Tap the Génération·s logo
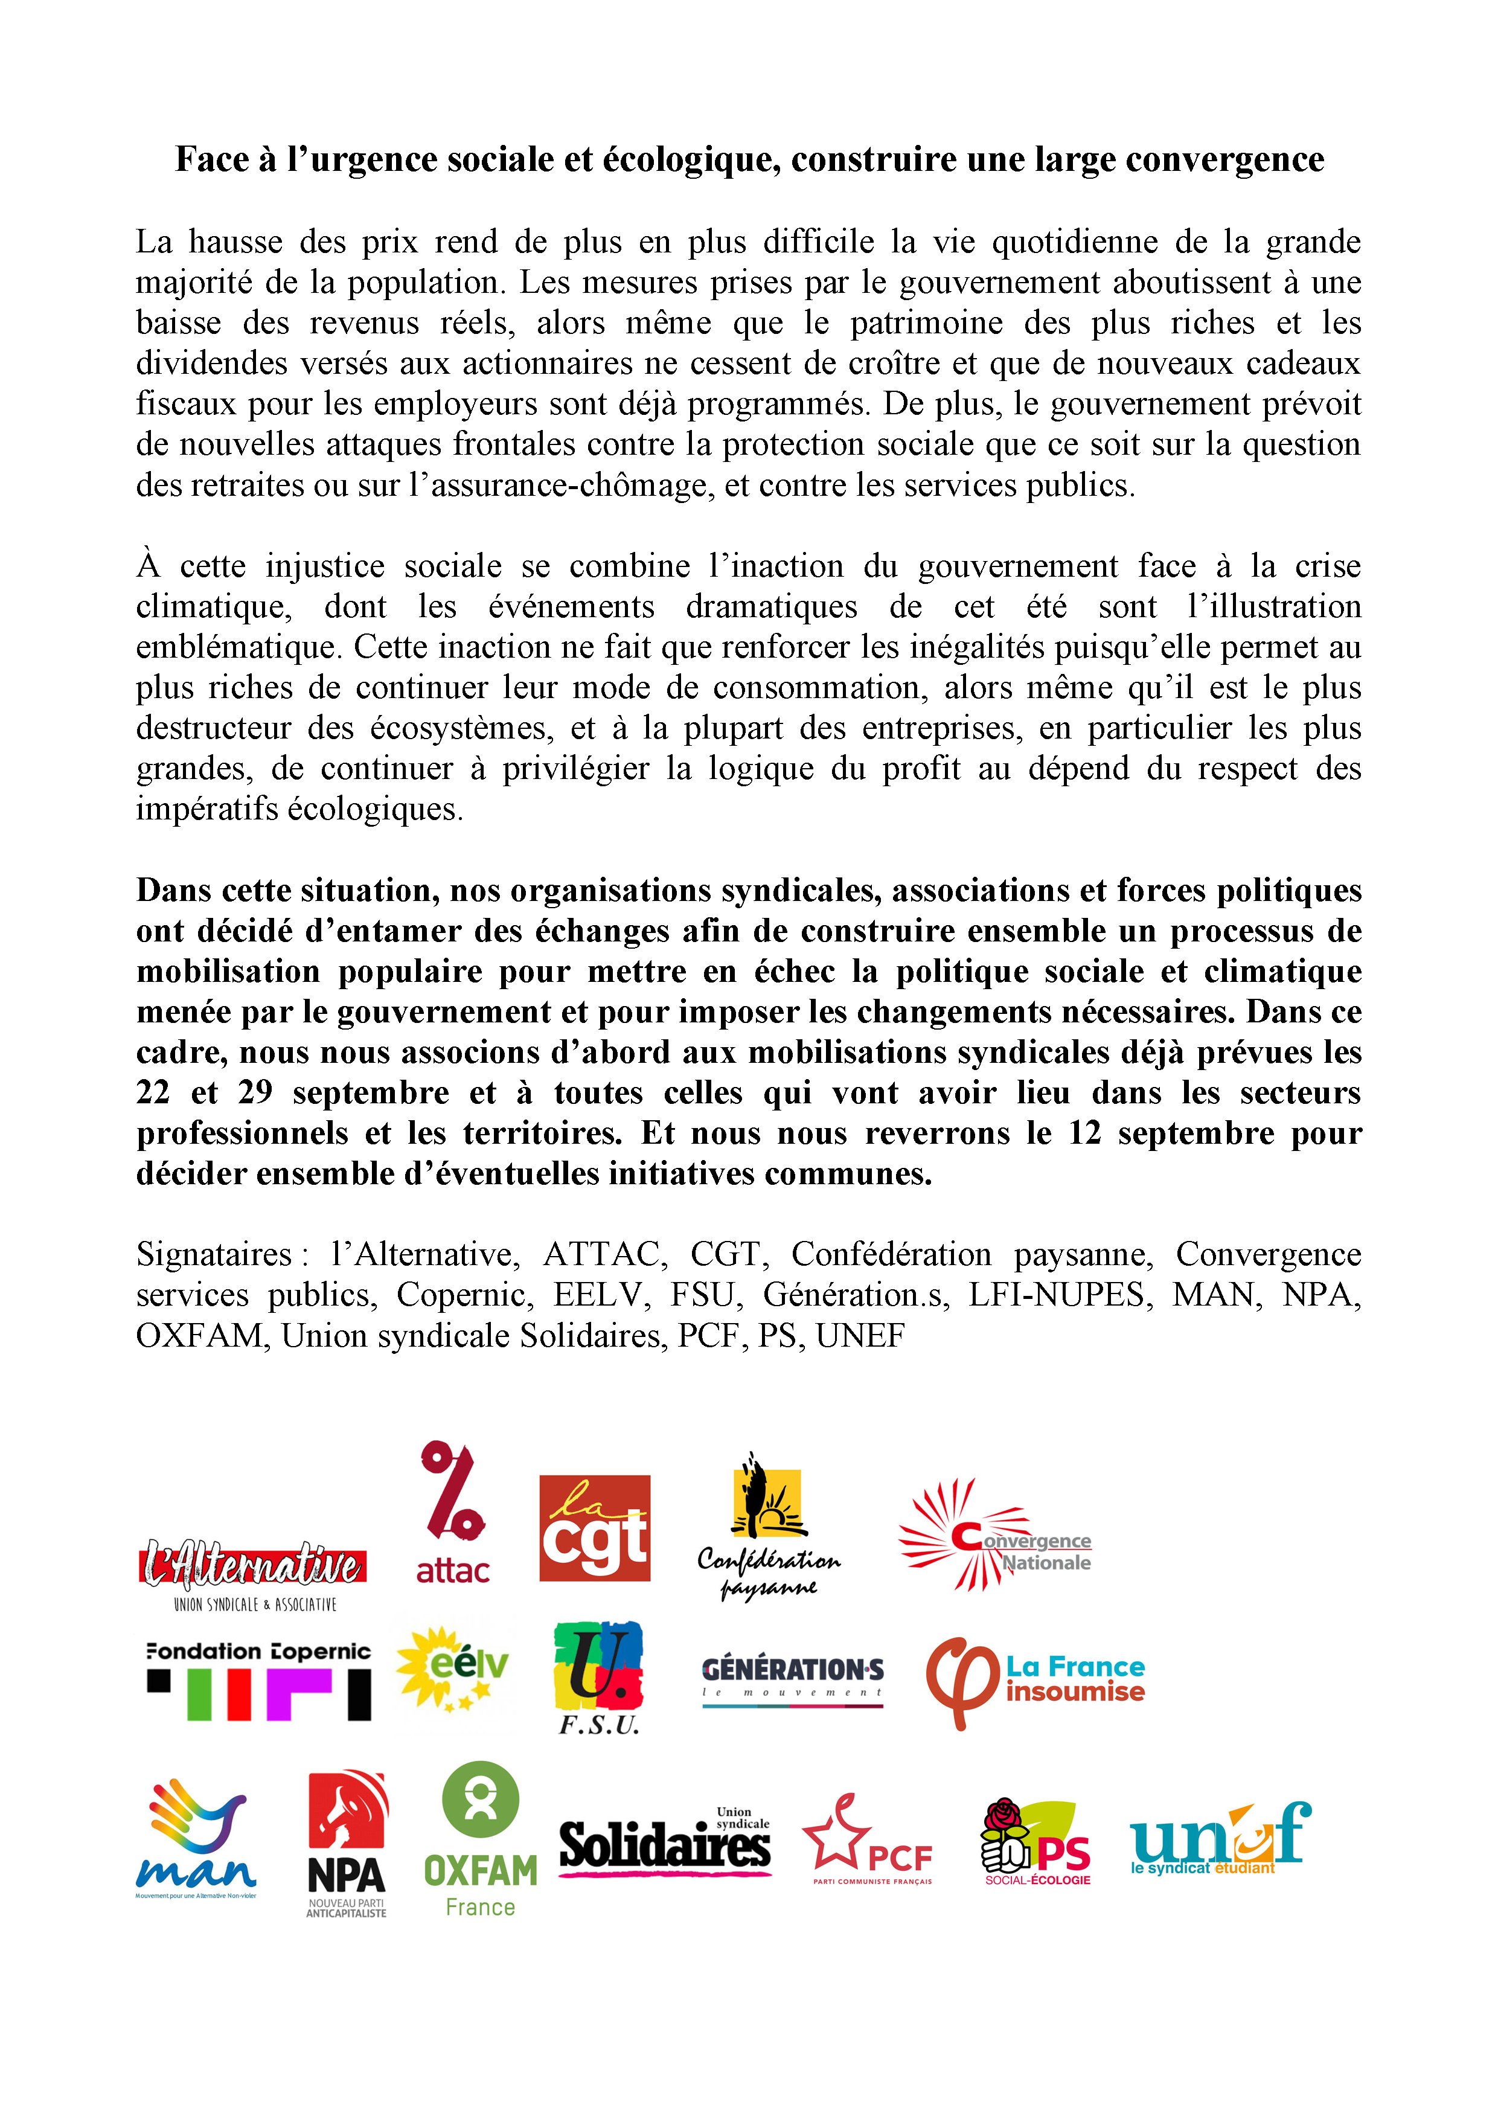tap(793, 1680)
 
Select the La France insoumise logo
tap(1035, 1682)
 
